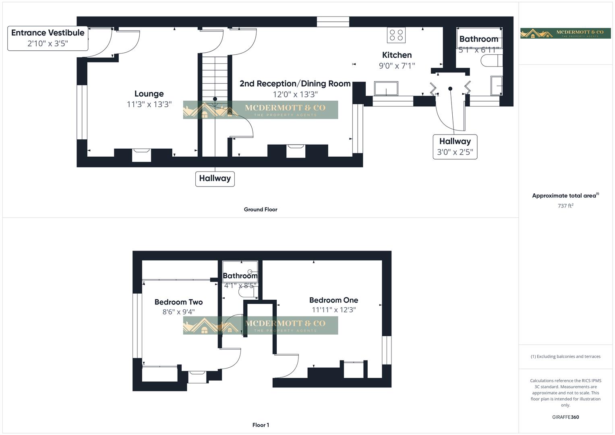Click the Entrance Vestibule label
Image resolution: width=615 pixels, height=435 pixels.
coord(48,33)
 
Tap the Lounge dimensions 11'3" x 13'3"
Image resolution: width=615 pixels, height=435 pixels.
coord(149,104)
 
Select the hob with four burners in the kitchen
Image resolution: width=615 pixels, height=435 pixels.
coord(396,35)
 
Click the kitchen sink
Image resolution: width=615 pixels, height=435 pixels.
coord(386,88)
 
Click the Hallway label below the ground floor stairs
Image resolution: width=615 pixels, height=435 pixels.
coord(215,178)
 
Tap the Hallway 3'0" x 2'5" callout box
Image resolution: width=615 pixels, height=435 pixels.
coord(455,147)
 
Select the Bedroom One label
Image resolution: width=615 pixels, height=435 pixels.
coord(333,300)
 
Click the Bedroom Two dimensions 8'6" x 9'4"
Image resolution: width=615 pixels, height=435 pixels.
coord(178,312)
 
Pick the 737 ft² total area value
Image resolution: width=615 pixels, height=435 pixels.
coord(565,206)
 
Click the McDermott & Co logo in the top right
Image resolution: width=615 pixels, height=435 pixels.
coord(565,33)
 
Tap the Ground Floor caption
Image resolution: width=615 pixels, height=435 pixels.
coord(260,209)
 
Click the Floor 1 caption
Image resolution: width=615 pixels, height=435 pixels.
coord(260,425)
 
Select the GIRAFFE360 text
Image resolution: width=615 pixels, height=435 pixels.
coord(565,417)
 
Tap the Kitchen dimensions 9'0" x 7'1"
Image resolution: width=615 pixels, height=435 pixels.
coord(396,66)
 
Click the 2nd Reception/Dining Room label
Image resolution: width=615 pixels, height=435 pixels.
coord(295,84)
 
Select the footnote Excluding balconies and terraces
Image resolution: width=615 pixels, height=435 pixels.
coord(565,356)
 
